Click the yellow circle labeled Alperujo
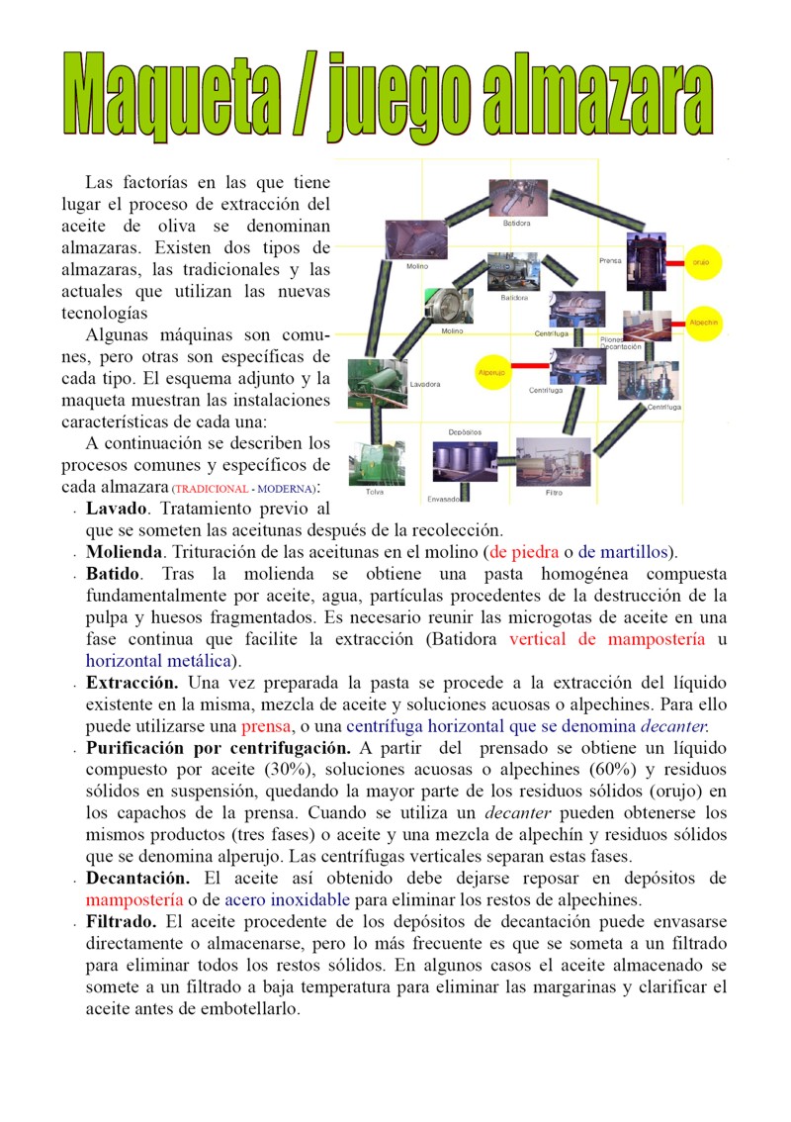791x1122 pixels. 491,372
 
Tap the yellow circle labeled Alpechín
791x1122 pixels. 703,323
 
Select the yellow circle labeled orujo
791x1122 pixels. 701,262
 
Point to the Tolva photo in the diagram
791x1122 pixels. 375,462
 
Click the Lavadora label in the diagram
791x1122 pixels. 424,383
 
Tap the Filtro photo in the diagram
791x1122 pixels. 554,461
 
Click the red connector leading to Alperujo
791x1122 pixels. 529,366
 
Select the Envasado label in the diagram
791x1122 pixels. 444,499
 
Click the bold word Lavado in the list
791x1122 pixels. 117,510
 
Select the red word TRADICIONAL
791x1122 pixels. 211,490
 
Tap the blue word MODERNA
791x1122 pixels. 286,490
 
